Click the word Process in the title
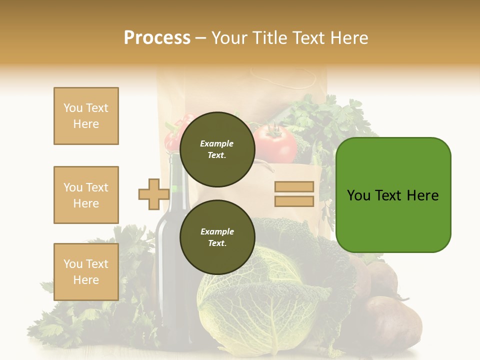(x=157, y=38)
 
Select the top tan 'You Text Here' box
(x=86, y=116)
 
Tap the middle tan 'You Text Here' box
(x=86, y=195)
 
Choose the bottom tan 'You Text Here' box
(x=86, y=271)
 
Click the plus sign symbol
(x=153, y=194)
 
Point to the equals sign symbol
(x=294, y=194)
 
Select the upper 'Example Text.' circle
(x=217, y=149)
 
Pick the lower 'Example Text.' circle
(x=217, y=237)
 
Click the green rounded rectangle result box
(x=393, y=195)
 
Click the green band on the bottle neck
(x=175, y=189)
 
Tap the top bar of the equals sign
(x=294, y=187)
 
